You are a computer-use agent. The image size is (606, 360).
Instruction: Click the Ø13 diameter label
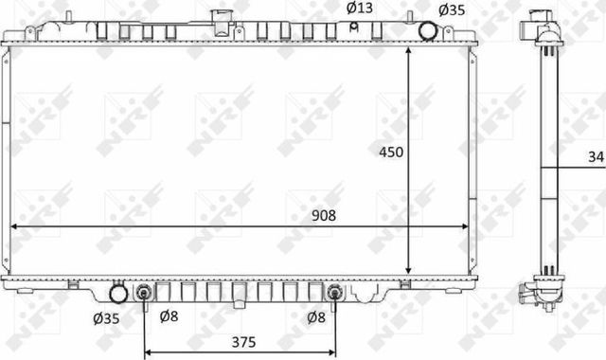pos(360,9)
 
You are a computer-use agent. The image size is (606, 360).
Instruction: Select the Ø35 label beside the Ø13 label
pos(451,9)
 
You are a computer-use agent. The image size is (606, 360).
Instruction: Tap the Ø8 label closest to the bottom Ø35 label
pos(168,316)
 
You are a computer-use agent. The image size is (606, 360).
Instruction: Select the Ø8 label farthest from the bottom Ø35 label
pos(319,316)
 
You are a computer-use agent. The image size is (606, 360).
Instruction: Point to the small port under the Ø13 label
pos(354,27)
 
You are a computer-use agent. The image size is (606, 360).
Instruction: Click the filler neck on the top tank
pos(223,21)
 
